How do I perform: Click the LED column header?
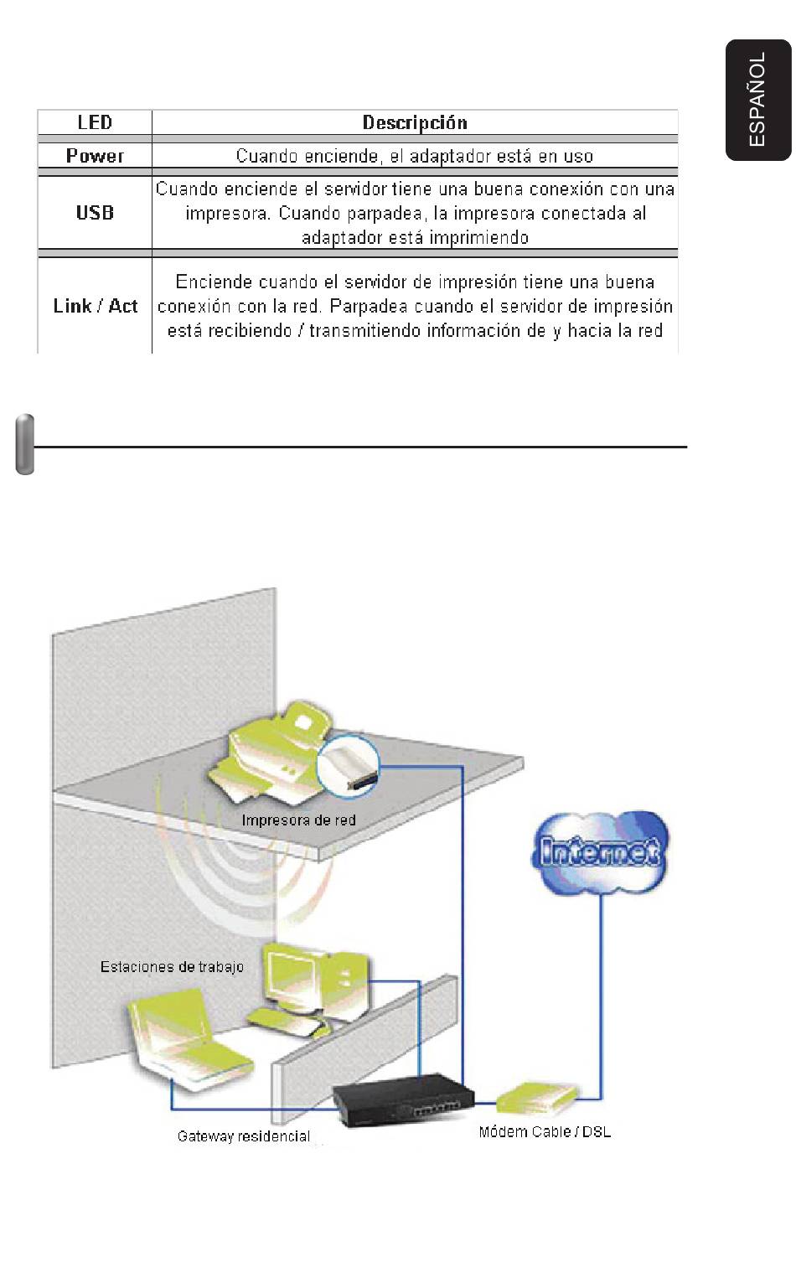tap(95, 122)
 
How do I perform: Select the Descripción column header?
tap(415, 122)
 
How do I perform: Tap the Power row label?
tap(95, 156)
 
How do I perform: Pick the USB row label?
tap(95, 213)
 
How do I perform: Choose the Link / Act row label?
tap(95, 306)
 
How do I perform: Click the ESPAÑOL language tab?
tap(757, 100)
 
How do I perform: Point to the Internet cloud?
tap(600, 851)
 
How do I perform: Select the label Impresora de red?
tap(298, 820)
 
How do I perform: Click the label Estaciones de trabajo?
tap(172, 967)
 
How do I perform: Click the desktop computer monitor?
tap(292, 975)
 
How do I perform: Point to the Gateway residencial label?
tap(243, 1136)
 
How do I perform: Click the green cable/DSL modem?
tap(537, 1099)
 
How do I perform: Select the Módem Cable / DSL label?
tap(545, 1131)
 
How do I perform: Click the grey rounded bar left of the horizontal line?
tap(24, 444)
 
